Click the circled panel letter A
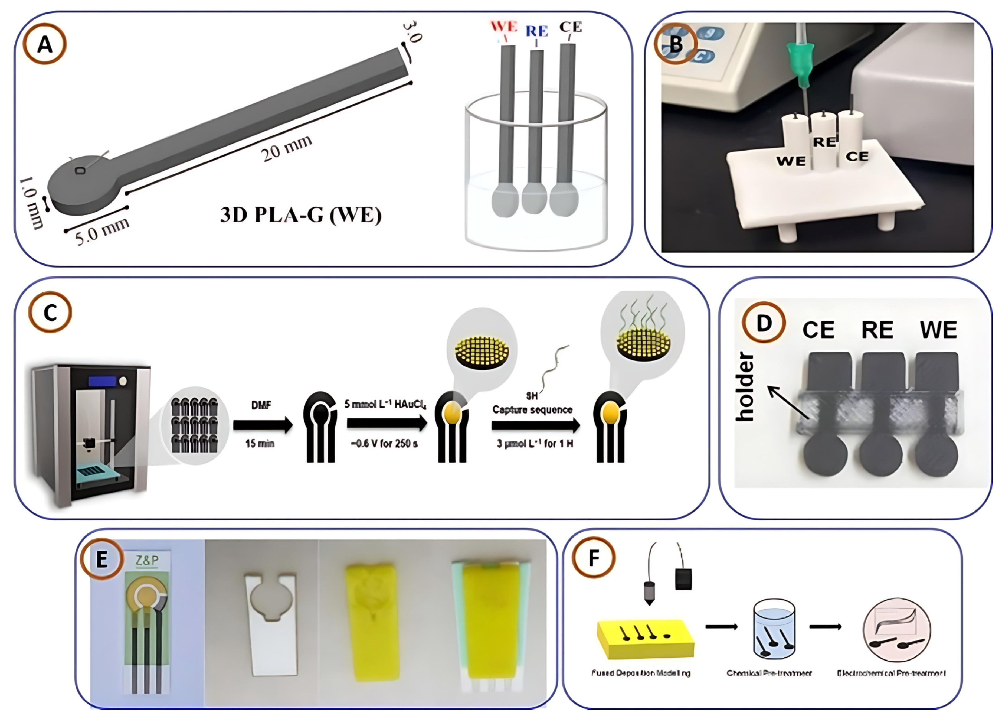(45, 45)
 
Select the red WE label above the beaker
(504, 27)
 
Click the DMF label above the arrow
(261, 405)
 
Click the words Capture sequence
(532, 410)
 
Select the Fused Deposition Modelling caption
(641, 673)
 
